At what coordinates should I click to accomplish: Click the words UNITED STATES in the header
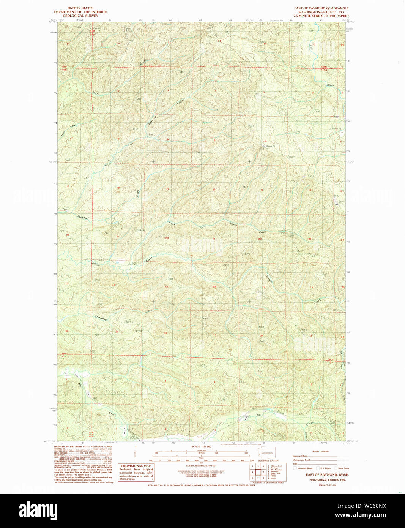[80, 8]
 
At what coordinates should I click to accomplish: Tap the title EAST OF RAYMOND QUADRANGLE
[321, 8]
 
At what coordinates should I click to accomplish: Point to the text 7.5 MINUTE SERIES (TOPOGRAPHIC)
[321, 16]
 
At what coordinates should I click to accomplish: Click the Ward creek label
[96, 93]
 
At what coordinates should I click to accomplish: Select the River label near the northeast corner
[331, 85]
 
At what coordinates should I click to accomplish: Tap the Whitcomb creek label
[101, 317]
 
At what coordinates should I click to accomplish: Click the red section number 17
[167, 189]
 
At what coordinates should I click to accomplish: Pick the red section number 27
[263, 288]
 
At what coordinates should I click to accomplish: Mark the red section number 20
[167, 238]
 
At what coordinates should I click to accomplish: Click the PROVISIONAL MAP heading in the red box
[136, 466]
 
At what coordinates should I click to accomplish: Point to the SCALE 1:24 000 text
[201, 447]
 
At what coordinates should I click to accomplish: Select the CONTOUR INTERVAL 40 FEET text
[201, 466]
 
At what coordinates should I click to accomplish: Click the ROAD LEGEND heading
[320, 451]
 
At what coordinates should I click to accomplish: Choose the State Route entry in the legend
[344, 468]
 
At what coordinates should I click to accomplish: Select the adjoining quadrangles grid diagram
[258, 472]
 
